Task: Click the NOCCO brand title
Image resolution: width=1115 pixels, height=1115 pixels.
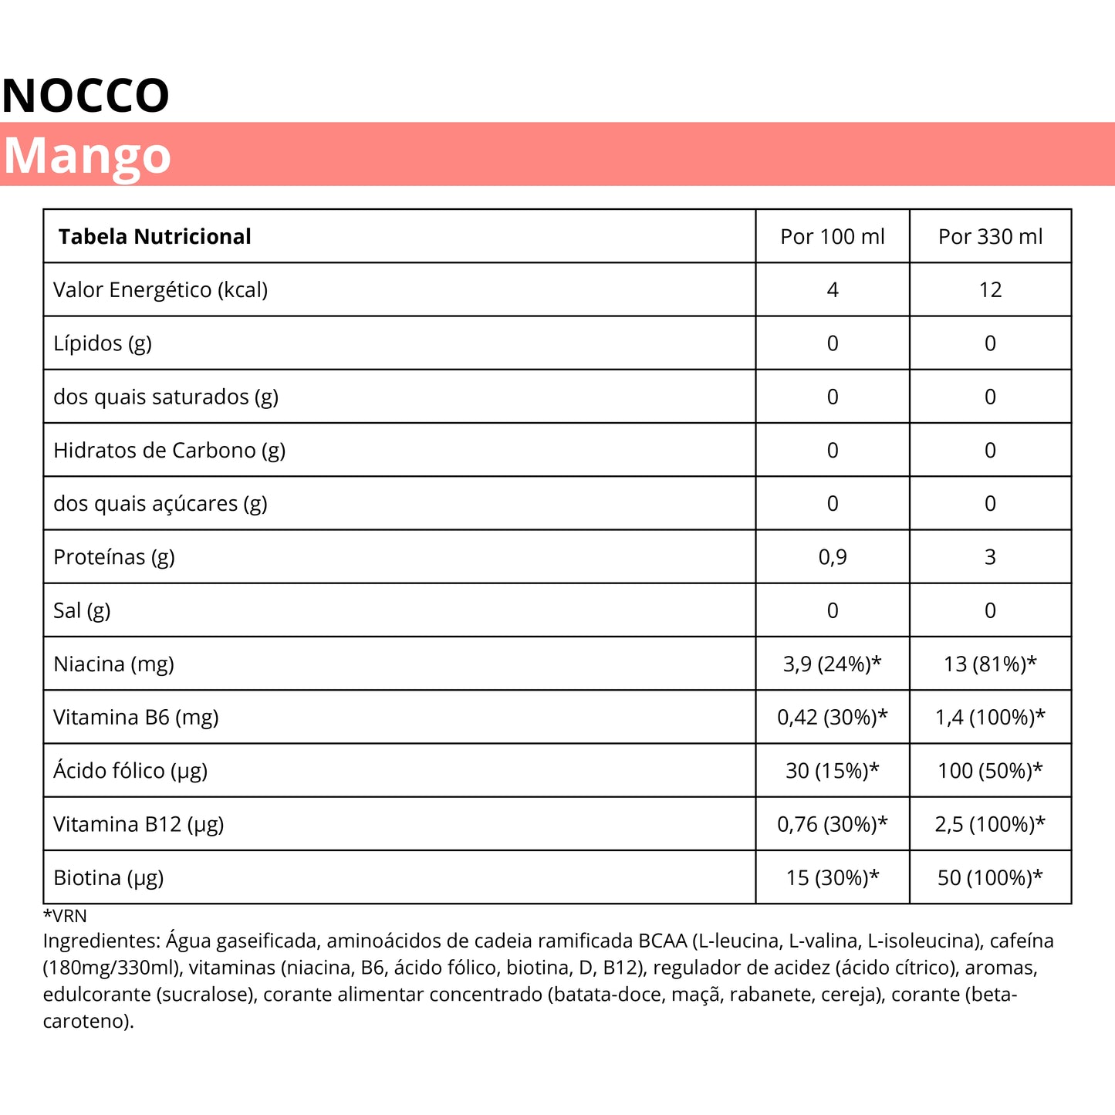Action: click(86, 96)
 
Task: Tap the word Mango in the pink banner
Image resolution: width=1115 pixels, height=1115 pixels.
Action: click(87, 156)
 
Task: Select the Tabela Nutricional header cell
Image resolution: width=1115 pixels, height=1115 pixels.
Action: click(155, 237)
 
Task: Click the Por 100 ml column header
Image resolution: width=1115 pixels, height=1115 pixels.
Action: click(833, 237)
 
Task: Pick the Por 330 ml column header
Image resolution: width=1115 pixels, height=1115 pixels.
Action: click(990, 237)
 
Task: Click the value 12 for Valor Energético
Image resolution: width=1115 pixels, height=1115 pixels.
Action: click(990, 290)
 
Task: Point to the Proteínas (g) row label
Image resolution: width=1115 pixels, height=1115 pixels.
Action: click(114, 557)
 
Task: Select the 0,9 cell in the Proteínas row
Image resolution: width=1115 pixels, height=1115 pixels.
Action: click(833, 557)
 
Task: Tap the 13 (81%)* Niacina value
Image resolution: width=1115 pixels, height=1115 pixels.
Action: click(990, 664)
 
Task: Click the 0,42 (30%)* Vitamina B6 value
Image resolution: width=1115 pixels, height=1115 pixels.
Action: click(833, 718)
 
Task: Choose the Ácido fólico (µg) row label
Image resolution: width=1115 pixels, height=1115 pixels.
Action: click(130, 771)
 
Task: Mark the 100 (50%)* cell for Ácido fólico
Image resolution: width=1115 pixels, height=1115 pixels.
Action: click(990, 771)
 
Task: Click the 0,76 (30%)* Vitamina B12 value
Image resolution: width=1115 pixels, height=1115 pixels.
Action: click(833, 824)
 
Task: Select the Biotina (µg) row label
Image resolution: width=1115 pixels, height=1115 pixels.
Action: click(109, 878)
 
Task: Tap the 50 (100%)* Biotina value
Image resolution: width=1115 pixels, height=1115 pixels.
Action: click(990, 878)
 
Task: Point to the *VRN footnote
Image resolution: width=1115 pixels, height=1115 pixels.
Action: click(65, 916)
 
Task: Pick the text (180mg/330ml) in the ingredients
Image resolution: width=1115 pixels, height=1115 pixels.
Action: click(113, 968)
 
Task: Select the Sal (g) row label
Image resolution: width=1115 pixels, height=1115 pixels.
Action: click(82, 611)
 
